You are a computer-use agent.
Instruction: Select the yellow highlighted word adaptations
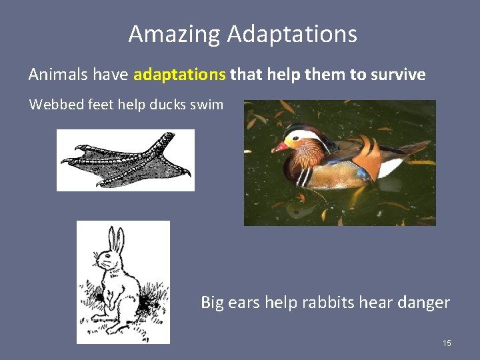pyautogui.click(x=180, y=74)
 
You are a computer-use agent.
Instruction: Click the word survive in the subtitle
pyautogui.click(x=395, y=74)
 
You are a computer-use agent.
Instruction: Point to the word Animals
pyautogui.click(x=59, y=74)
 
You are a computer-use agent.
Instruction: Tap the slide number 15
pyautogui.click(x=447, y=343)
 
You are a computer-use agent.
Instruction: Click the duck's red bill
pyautogui.click(x=280, y=146)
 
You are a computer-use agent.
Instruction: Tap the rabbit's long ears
pyautogui.click(x=117, y=240)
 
